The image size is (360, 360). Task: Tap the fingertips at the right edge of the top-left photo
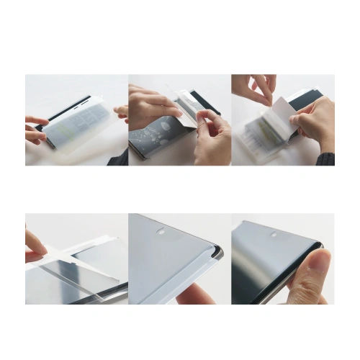pos(122,112)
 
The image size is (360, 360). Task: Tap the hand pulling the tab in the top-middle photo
pos(213,137)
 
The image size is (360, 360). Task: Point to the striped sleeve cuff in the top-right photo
pos(328,158)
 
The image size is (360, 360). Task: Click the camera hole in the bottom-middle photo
pos(161,233)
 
